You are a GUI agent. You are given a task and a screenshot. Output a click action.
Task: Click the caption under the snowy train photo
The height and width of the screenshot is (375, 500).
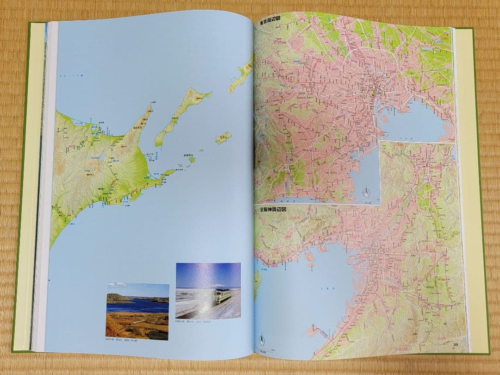pyautogui.click(x=193, y=321)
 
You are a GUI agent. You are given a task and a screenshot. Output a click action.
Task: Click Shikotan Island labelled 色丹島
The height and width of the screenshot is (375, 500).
pyautogui.click(x=223, y=138)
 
